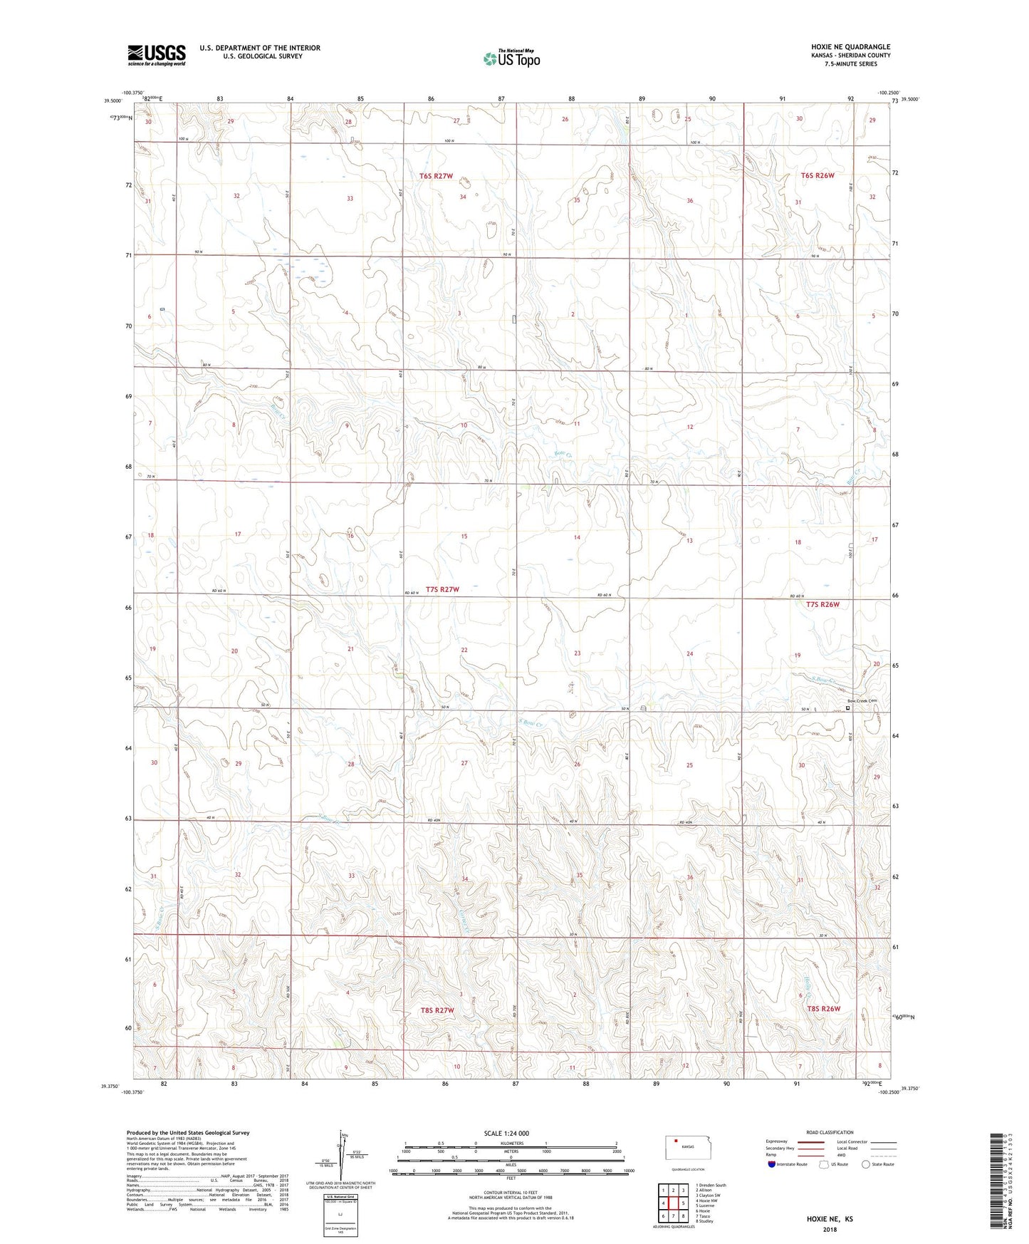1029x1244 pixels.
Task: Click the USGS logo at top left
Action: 156,55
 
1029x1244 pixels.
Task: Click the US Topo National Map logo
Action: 511,58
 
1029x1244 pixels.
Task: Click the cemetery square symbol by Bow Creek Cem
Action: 847,708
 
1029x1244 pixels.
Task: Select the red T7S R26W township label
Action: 822,605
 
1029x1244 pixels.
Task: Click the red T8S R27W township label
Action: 437,1010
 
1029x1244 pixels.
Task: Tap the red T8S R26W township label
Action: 824,1009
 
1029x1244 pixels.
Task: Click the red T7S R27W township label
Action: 442,589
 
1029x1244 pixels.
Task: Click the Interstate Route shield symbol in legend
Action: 771,1164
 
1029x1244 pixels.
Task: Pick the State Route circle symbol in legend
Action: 866,1164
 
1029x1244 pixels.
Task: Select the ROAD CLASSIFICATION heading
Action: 830,1132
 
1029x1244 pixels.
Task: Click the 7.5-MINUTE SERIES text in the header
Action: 851,64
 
